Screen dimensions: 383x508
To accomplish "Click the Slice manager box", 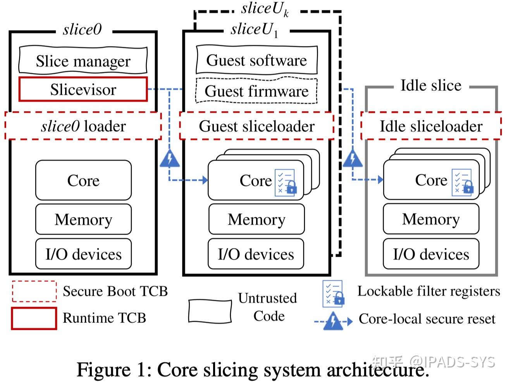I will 83,61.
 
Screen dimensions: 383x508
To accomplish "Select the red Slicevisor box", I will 83,89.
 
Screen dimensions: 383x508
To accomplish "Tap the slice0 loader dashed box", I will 83,126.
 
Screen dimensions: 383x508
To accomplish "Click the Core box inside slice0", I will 83,180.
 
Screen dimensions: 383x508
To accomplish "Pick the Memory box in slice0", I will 83,220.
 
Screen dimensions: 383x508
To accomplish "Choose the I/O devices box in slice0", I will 83,254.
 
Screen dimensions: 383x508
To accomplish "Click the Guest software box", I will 257,60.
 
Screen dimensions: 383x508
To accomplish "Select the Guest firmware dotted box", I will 257,91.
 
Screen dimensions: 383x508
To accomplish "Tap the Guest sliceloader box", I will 257,126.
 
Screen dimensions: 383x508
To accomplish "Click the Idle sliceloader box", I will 431,126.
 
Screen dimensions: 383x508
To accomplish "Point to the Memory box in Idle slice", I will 431,219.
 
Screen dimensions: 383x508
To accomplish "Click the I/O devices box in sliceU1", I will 256,254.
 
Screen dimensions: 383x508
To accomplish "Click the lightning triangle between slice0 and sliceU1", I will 169,159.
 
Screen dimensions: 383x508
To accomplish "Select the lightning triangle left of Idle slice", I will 353,159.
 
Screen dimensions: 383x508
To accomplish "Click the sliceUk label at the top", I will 265,9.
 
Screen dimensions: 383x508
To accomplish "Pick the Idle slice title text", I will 431,85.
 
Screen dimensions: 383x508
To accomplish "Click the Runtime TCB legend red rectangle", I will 34,318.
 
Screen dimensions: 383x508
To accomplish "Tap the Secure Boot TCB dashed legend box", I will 34,292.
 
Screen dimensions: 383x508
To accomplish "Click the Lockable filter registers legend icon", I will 333,293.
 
